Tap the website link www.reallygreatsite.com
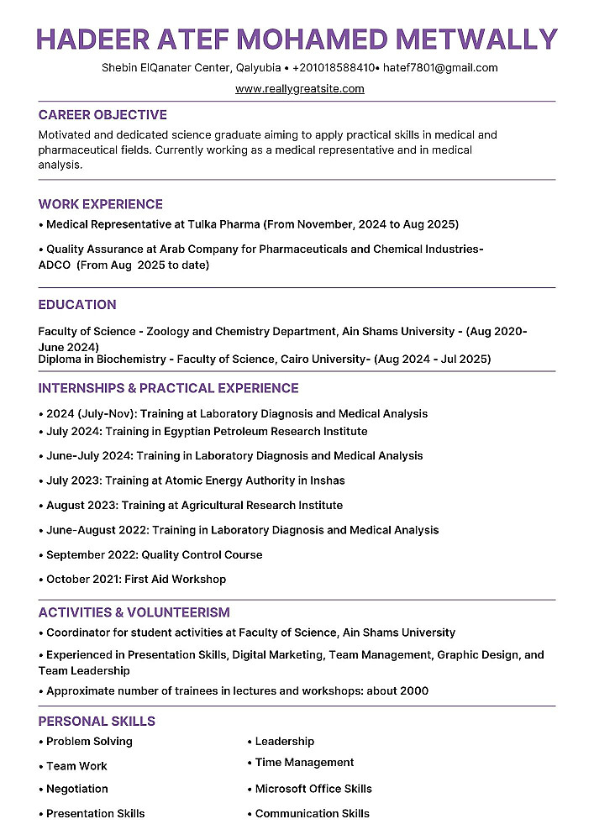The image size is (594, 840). [x=299, y=88]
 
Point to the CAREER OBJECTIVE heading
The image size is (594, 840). [x=103, y=115]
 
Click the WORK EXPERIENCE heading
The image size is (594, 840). [x=101, y=204]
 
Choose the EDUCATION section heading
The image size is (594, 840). [x=77, y=305]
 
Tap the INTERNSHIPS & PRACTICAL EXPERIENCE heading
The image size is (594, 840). [x=168, y=388]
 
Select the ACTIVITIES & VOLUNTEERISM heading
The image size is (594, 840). [x=134, y=612]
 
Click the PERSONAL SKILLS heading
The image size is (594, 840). [x=97, y=721]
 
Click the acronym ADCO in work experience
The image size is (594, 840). [x=55, y=265]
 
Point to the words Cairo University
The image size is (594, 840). [x=325, y=360]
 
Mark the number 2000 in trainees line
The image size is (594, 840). [x=412, y=691]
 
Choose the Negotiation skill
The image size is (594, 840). [x=76, y=789]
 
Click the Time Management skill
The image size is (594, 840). [x=304, y=763]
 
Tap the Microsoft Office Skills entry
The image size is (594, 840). [x=313, y=789]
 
